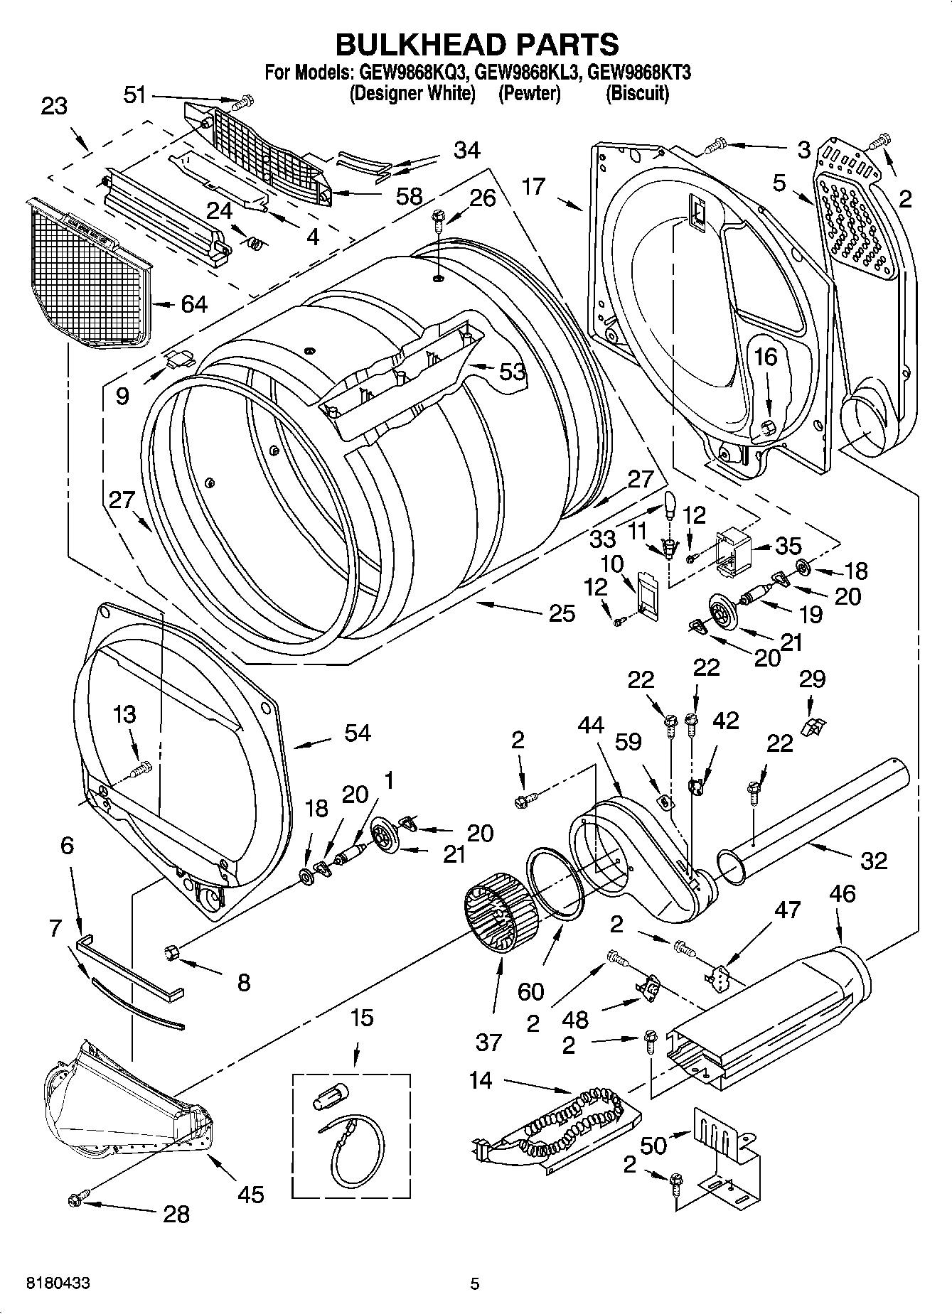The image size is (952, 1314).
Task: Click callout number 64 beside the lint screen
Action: click(x=193, y=304)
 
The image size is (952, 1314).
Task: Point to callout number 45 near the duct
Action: click(x=250, y=1194)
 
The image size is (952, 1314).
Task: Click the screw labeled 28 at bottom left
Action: click(x=73, y=1200)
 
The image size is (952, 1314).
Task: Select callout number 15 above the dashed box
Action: click(x=361, y=1018)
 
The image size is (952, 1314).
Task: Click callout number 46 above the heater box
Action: click(x=842, y=893)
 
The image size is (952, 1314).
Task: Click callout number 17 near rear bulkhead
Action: click(x=533, y=186)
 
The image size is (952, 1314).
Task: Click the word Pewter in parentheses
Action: click(x=529, y=93)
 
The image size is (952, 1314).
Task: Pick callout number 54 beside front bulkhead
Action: click(x=357, y=733)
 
